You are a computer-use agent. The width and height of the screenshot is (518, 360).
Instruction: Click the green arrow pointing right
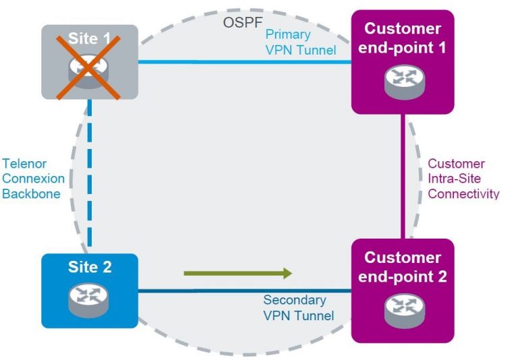point(237,273)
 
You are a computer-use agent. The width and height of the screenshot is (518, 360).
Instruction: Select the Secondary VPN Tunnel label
point(298,307)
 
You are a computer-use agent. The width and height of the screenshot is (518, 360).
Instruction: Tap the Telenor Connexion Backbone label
point(34,179)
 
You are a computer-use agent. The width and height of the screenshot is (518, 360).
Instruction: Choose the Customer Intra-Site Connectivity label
point(463,179)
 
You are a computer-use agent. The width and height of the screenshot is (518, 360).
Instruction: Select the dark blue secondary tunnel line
point(202,291)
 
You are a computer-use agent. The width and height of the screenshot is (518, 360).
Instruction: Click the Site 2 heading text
point(90,267)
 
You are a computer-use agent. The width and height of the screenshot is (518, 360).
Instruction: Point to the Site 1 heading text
point(90,38)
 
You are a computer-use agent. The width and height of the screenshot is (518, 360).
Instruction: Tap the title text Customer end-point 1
point(402,38)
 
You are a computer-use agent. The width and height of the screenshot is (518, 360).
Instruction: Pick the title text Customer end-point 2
point(402,267)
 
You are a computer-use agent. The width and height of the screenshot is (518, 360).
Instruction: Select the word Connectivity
point(463,193)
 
